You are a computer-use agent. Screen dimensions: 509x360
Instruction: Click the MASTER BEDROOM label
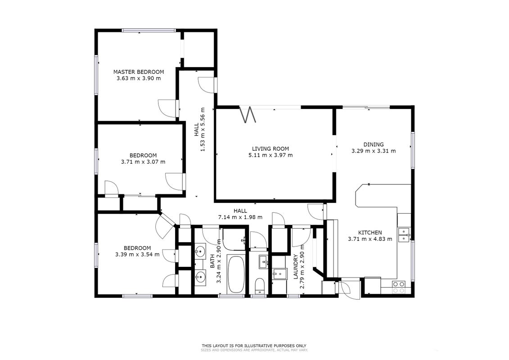139,72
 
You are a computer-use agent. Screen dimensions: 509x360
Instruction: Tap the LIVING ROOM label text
270,148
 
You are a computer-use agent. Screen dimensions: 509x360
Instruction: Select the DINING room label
373,144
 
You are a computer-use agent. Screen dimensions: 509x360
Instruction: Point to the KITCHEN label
370,233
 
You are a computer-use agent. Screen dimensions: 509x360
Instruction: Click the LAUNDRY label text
296,267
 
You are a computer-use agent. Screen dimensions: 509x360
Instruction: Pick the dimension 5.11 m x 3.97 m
270,155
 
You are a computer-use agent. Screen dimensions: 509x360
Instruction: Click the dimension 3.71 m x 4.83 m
370,239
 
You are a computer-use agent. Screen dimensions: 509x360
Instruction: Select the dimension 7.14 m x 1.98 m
240,217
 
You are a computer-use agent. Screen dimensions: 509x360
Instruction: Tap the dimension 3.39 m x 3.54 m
137,255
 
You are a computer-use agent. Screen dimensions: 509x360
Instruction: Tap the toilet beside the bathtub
260,286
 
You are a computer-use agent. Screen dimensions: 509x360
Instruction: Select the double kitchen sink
404,235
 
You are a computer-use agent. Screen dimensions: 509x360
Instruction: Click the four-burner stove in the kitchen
399,287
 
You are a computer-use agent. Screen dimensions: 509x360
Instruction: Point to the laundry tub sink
279,274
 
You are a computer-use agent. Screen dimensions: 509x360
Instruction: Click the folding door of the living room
248,114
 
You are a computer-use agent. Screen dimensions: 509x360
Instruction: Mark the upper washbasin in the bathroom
200,251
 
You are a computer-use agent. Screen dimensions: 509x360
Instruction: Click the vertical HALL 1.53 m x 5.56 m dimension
199,129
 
